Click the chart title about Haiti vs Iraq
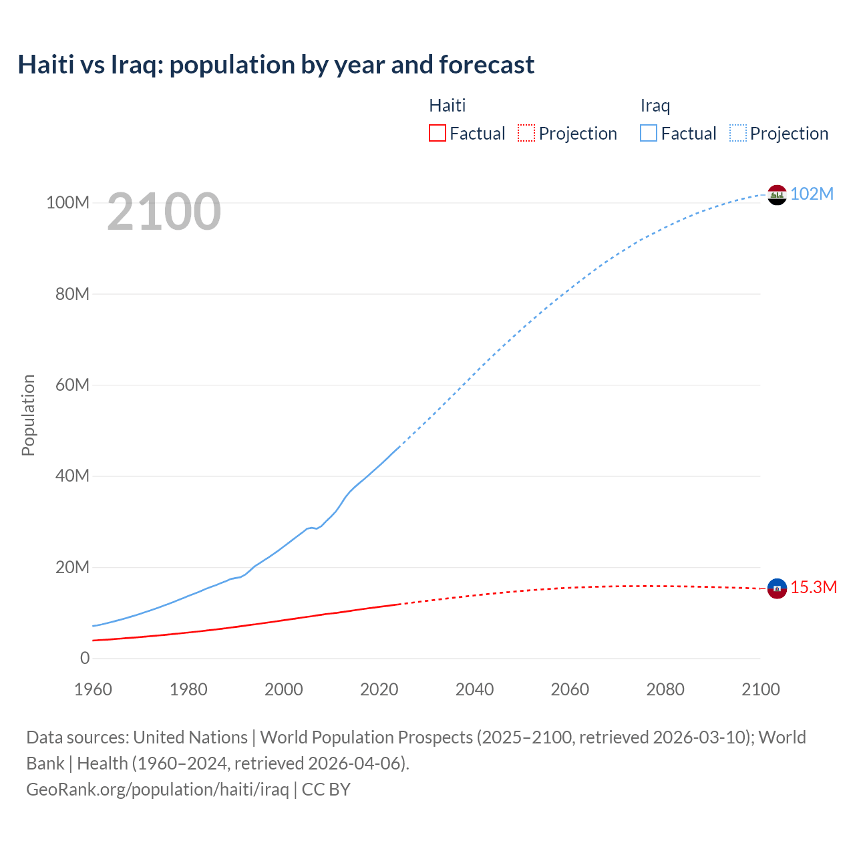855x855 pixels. click(276, 65)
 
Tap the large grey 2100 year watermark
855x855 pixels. click(164, 212)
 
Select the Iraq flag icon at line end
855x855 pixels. click(777, 195)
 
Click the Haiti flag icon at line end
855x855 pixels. click(777, 588)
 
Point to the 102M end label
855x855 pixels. click(812, 194)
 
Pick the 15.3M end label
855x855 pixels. click(813, 587)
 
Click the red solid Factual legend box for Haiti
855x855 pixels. click(438, 134)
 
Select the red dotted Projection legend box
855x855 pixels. click(526, 134)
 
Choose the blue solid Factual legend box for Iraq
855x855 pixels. click(649, 134)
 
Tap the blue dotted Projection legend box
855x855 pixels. click(738, 134)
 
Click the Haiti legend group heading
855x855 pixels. click(447, 106)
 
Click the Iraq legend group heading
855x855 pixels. click(655, 106)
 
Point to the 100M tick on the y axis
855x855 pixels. click(67, 202)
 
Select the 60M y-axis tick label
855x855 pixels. click(71, 385)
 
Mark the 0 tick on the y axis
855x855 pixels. click(85, 658)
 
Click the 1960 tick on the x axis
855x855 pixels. click(93, 689)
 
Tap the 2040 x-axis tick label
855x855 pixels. click(474, 689)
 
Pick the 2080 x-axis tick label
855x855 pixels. click(665, 689)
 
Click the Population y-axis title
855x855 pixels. click(28, 415)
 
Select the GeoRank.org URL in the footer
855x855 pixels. click(157, 790)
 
